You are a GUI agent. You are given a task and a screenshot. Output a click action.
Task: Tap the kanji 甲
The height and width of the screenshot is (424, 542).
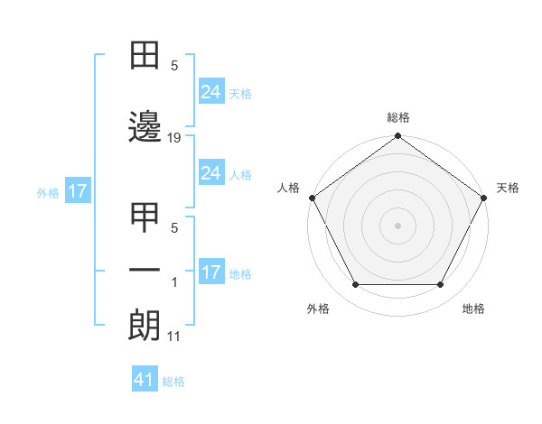(145, 219)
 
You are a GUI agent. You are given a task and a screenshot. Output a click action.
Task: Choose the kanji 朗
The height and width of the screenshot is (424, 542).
(145, 325)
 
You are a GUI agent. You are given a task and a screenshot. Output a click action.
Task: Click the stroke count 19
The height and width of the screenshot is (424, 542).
(174, 138)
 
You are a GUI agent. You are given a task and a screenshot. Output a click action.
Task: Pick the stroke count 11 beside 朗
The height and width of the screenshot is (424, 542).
(174, 337)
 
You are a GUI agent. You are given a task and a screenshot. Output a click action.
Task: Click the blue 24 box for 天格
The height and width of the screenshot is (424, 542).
(210, 91)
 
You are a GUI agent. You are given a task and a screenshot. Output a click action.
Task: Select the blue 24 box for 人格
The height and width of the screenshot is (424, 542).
(210, 173)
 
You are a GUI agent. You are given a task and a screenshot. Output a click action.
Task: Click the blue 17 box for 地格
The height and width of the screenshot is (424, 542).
(210, 272)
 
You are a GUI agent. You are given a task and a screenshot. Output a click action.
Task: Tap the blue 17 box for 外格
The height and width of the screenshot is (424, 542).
(77, 191)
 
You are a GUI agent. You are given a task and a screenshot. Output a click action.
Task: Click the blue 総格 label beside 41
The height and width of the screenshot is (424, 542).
(174, 382)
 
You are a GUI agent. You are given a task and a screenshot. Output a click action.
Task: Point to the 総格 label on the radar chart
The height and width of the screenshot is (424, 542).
(398, 117)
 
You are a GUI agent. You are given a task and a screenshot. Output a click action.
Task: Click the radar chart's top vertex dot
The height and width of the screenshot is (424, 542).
(398, 137)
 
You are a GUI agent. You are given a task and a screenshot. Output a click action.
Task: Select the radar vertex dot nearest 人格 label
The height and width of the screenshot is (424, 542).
(312, 197)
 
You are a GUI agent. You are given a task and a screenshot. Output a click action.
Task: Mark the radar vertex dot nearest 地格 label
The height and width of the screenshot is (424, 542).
(441, 285)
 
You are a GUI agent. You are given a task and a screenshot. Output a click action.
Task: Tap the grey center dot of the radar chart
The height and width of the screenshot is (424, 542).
(398, 225)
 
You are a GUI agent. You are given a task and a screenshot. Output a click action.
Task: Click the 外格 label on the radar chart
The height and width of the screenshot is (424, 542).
(319, 309)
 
